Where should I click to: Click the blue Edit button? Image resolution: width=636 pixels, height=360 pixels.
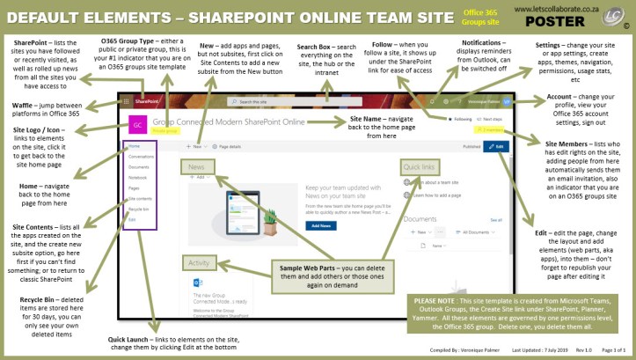(498, 145)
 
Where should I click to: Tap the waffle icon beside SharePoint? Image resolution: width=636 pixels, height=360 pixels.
(129, 101)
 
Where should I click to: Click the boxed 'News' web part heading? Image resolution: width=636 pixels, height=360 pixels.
(197, 165)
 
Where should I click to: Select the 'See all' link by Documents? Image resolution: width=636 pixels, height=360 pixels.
(496, 219)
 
